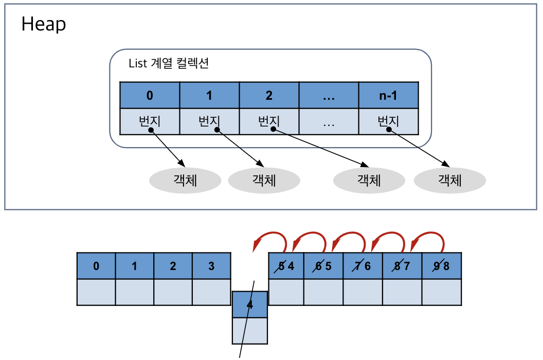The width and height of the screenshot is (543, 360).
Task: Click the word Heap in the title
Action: coord(44,24)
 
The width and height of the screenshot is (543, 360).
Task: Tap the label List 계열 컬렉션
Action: coord(168,64)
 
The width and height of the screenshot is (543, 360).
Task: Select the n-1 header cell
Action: coord(388,95)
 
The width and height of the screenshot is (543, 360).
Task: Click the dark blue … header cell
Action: coord(329,95)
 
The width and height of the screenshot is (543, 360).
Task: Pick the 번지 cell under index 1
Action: coord(209,122)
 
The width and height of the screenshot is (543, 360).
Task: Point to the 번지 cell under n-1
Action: coord(388,122)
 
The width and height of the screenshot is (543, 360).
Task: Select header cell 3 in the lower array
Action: coord(211,266)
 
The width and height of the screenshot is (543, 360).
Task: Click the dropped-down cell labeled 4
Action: coord(250,304)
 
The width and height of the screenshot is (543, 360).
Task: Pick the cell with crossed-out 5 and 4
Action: coord(286,266)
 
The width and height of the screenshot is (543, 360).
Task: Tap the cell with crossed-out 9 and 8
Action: coord(441,266)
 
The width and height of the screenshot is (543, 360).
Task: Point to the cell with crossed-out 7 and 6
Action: coord(363,266)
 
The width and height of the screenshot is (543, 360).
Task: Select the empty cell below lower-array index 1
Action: coord(134,292)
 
